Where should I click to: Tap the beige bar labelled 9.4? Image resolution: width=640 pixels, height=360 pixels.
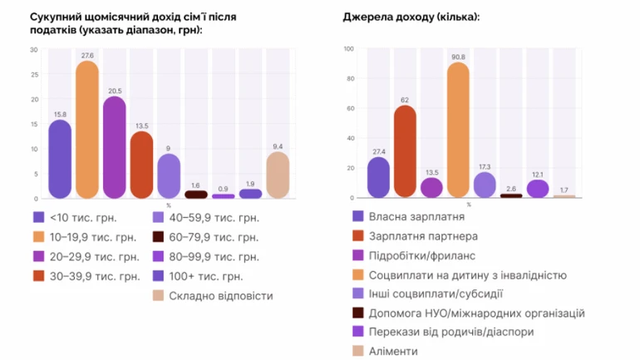pyautogui.click(x=278, y=175)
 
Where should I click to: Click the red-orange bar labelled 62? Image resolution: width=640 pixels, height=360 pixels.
pyautogui.click(x=405, y=152)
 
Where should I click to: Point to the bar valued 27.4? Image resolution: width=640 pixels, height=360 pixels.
pyautogui.click(x=378, y=178)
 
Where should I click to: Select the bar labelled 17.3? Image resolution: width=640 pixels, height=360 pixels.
pyautogui.click(x=485, y=185)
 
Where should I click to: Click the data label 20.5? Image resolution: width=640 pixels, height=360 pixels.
pyautogui.click(x=114, y=91)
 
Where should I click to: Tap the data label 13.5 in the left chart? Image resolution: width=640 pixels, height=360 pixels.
pyautogui.click(x=141, y=126)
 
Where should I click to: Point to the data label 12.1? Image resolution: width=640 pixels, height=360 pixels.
pyautogui.click(x=538, y=175)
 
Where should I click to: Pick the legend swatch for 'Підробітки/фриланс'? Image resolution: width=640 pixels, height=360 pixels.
pyautogui.click(x=358, y=255)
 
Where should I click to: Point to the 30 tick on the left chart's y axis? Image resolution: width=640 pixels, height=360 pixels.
pyautogui.click(x=34, y=50)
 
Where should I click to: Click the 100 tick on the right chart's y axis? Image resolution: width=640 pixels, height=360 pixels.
pyautogui.click(x=349, y=50)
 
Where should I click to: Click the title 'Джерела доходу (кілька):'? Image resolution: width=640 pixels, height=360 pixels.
pyautogui.click(x=410, y=17)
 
